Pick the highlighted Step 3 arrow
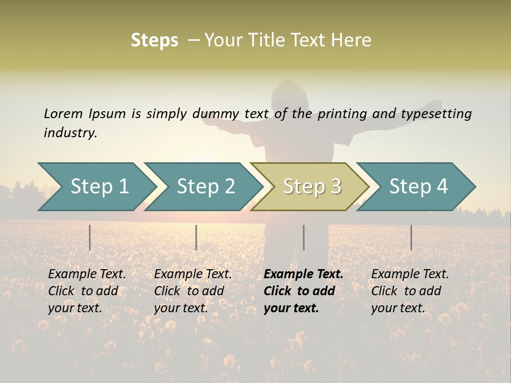point(312,187)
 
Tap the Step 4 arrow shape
point(418,187)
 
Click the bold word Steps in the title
point(154,40)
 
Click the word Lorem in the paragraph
point(63,113)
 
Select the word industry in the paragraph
point(70,133)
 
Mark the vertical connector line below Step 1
point(90,237)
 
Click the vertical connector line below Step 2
point(196,237)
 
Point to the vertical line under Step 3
point(304,237)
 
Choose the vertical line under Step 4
point(411,237)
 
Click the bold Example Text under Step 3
point(303,274)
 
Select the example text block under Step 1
point(87,291)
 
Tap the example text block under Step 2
point(193,291)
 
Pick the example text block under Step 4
point(410,291)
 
